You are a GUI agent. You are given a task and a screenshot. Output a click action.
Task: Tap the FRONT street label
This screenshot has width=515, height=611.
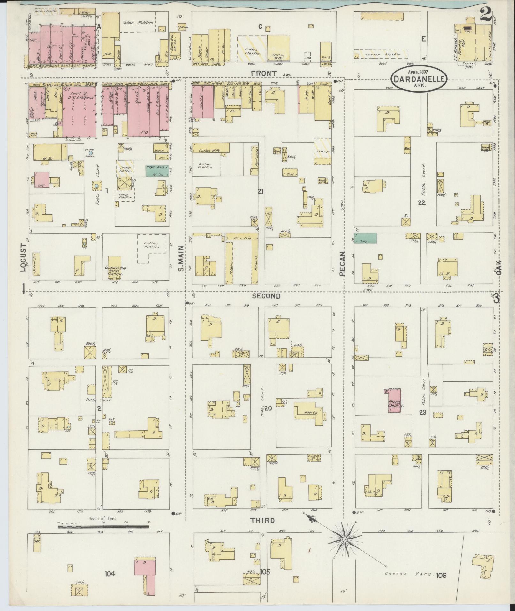pos(263,73)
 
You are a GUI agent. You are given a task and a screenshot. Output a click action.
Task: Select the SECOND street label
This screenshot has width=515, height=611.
pos(266,296)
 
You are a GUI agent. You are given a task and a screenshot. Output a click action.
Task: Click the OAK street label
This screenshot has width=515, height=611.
pos(499,268)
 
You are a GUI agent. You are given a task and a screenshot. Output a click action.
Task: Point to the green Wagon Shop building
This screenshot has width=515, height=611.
pos(157,171)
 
